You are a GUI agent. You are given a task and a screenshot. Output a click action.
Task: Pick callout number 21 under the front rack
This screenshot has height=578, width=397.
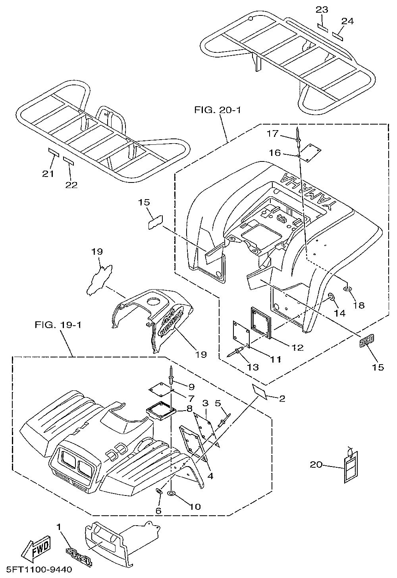[x=48, y=173]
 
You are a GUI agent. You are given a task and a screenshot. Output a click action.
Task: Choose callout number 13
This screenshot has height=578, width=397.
[x=252, y=367]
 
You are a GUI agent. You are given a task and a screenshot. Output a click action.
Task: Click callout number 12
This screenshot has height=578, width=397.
[x=297, y=348]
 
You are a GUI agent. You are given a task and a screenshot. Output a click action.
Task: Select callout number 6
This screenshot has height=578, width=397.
[x=158, y=511]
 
